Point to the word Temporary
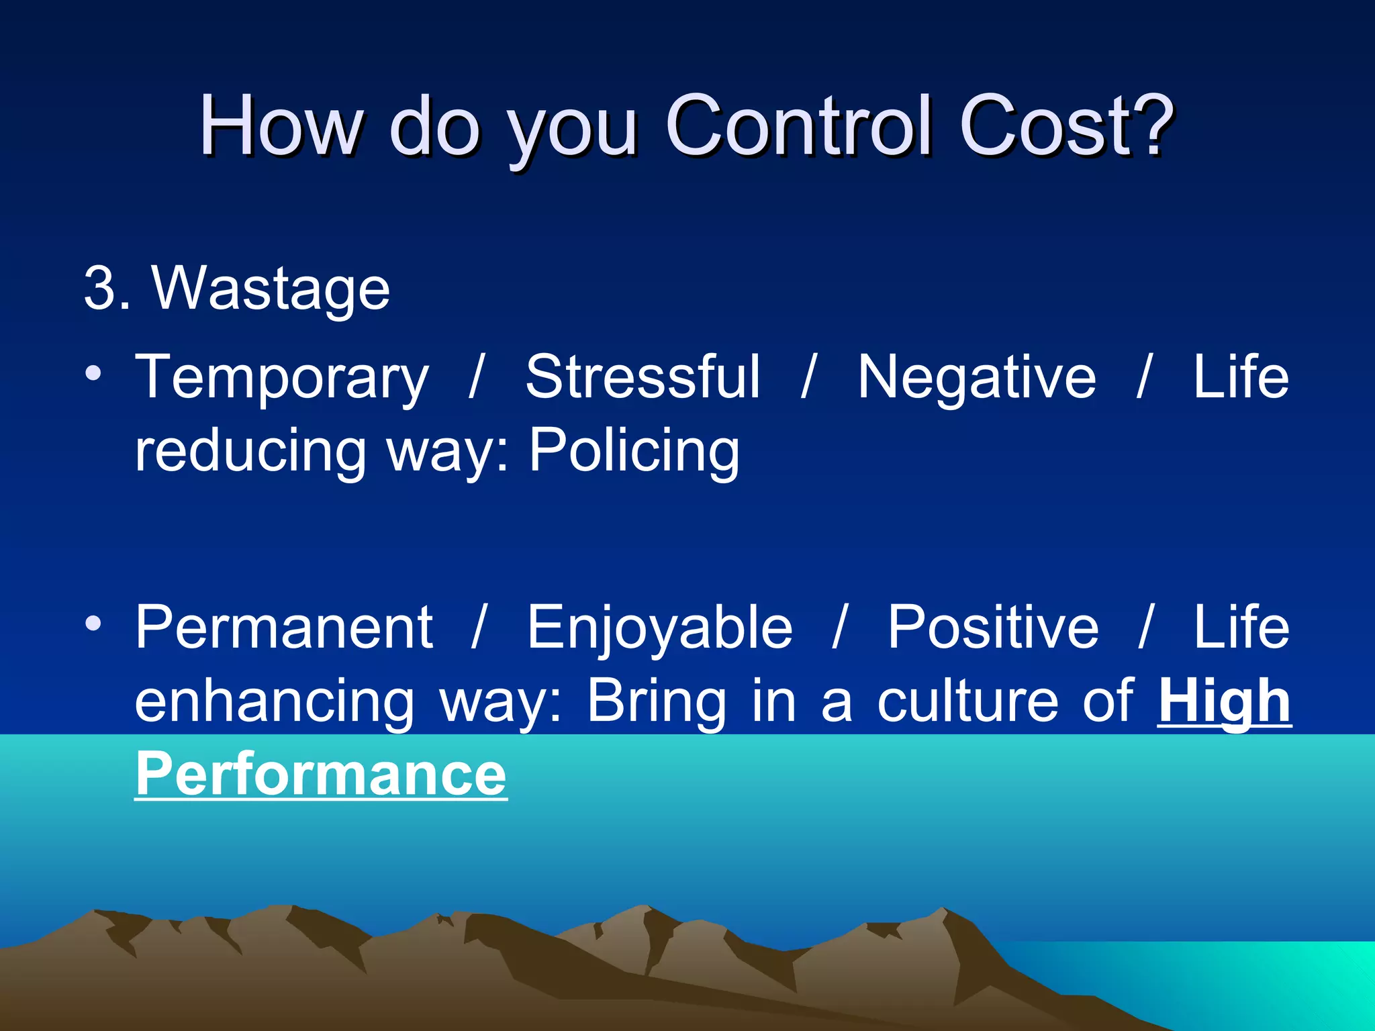pos(281,377)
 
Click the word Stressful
pos(643,377)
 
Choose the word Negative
pos(976,377)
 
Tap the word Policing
pos(634,451)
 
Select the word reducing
pos(250,451)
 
